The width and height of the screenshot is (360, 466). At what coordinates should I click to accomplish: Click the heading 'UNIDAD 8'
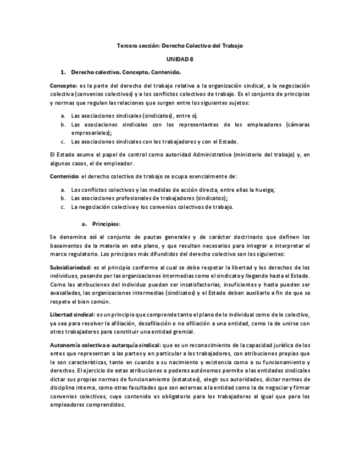click(x=180, y=59)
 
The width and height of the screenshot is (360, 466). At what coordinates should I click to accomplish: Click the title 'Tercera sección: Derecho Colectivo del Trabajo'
click(x=180, y=46)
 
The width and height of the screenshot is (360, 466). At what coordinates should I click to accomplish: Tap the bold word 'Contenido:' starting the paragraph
click(x=65, y=176)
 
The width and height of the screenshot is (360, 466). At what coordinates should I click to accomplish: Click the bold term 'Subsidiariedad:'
click(x=71, y=267)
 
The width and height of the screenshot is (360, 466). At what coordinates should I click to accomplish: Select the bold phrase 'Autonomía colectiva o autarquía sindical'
click(x=104, y=345)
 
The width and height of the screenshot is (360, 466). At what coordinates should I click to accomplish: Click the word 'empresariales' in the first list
click(x=90, y=132)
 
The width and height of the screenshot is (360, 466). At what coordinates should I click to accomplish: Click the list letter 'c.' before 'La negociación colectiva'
click(x=63, y=207)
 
